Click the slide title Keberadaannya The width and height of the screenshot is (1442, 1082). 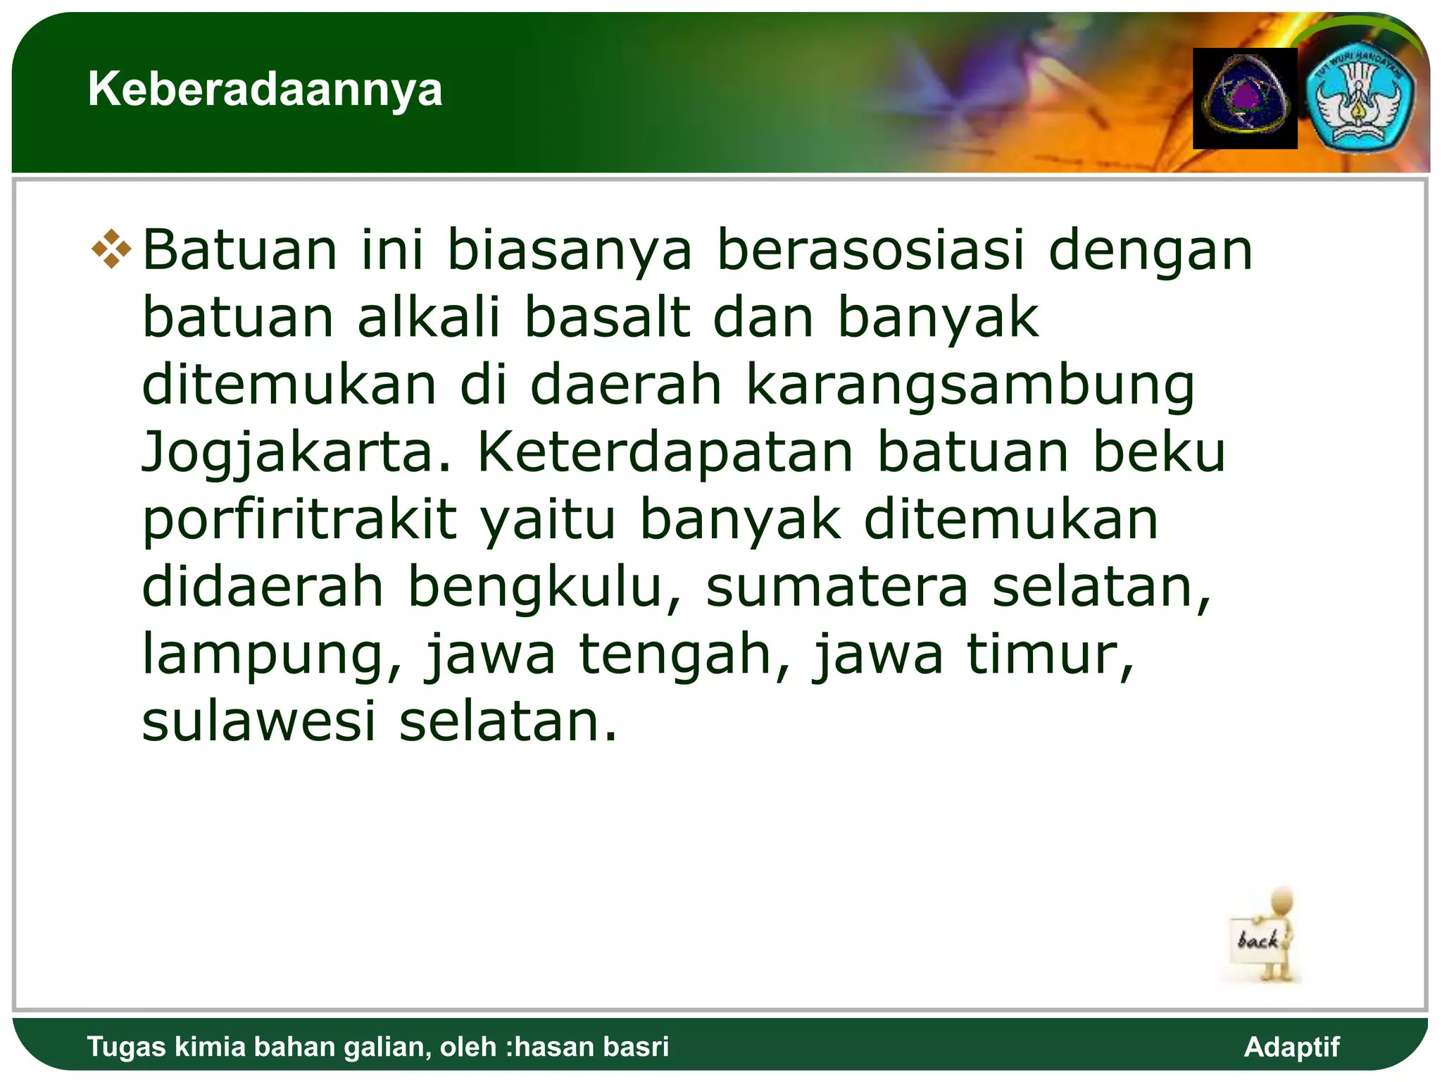pos(265,89)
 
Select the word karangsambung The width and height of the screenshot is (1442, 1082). pos(970,385)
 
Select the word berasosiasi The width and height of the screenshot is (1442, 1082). pos(870,250)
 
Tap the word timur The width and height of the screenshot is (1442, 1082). pos(1050,654)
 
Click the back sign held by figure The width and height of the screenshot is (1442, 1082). pos(1258,940)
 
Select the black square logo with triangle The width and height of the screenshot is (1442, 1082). pos(1245,99)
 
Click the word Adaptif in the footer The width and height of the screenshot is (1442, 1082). pos(1291,1047)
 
